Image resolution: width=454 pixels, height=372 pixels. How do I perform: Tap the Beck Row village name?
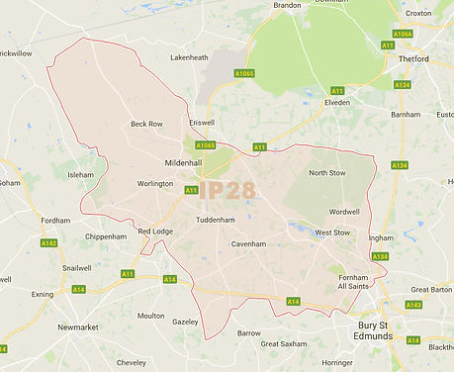[146, 124]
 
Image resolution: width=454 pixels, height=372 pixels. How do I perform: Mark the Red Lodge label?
[155, 231]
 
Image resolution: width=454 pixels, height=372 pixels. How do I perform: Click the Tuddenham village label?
[215, 220]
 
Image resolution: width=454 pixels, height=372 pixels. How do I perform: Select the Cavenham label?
[249, 243]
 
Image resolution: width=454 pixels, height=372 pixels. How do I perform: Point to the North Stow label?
[327, 173]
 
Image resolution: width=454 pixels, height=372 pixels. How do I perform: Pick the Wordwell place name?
[344, 212]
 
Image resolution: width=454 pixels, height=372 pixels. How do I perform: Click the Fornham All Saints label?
[353, 282]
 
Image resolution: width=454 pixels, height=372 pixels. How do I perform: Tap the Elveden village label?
[337, 102]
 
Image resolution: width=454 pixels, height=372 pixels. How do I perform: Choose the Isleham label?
[80, 175]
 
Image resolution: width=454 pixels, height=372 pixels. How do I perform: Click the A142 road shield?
[48, 243]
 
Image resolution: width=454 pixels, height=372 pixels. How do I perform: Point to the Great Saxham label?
[282, 344]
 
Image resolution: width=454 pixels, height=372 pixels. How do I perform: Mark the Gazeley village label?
[185, 323]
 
